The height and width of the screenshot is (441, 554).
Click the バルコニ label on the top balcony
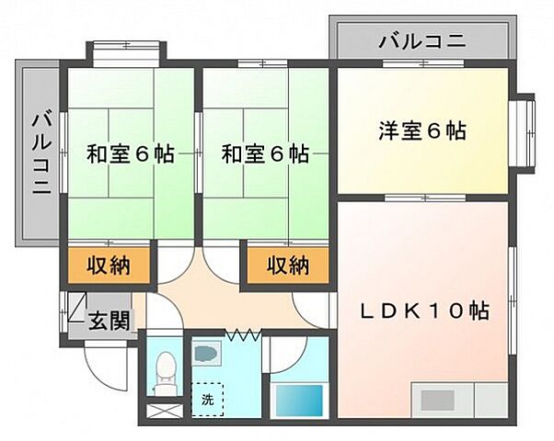click(421, 41)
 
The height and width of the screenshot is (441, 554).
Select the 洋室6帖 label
click(421, 131)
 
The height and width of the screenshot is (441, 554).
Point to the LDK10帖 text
click(423, 310)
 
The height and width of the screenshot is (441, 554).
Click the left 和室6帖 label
click(131, 153)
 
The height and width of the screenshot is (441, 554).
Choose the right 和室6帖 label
click(265, 153)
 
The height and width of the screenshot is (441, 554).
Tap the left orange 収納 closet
click(109, 266)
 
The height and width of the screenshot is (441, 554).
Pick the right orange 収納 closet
click(287, 266)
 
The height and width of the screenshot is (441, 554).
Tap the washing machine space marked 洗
click(207, 398)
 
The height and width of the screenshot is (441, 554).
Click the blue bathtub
click(299, 401)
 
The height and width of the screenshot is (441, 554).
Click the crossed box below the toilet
click(167, 410)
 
